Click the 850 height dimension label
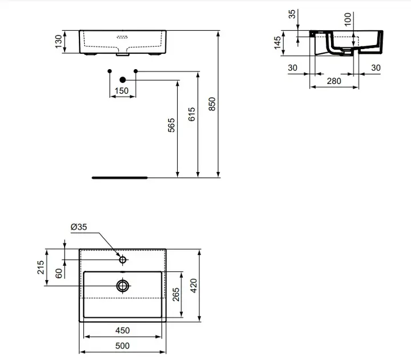tap(212, 104)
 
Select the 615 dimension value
tap(191, 114)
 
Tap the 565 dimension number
tap(171, 125)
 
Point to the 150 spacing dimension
tap(122, 91)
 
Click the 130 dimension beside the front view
tap(58, 41)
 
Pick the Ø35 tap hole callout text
tap(79, 227)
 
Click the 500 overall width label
tap(122, 346)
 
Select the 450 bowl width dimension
tap(122, 330)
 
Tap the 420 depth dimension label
tap(194, 286)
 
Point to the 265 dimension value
tap(176, 294)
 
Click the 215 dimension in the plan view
tap(41, 267)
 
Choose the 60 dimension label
tap(59, 273)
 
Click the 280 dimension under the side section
tap(334, 81)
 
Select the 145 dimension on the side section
tap(277, 43)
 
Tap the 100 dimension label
tap(348, 19)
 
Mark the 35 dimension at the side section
tap(292, 14)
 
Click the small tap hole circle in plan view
tap(123, 260)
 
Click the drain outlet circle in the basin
tap(123, 286)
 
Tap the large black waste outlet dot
tap(123, 79)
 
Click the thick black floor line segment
tap(120, 178)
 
